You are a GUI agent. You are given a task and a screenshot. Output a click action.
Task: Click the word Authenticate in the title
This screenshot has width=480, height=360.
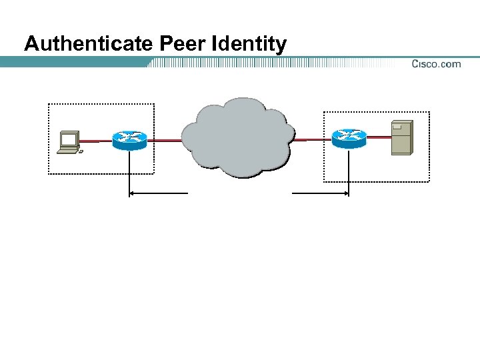click(90, 44)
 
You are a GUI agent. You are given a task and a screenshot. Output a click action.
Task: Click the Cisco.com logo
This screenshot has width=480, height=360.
click(436, 64)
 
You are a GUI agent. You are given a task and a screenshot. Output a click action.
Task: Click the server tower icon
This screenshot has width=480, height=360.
click(401, 137)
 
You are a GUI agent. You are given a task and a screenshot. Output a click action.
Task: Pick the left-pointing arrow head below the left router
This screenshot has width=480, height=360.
click(132, 193)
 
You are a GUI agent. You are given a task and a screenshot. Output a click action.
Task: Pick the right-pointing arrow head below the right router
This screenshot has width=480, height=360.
click(345, 193)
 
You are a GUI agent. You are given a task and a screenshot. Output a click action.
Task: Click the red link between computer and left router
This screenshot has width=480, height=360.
click(95, 141)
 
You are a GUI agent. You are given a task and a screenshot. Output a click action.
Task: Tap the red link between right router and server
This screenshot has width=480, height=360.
click(378, 137)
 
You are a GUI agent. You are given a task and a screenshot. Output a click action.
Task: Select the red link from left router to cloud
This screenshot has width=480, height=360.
click(164, 140)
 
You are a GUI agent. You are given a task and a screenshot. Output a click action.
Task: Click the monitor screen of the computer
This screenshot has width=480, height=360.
click(68, 139)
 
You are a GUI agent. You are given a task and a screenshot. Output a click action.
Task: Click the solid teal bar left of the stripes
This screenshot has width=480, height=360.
click(73, 62)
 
